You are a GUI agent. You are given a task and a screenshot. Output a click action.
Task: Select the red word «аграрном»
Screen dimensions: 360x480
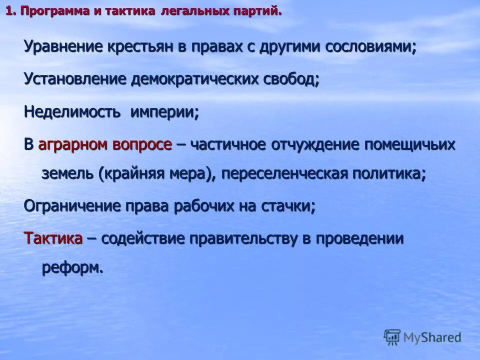pos(72,145)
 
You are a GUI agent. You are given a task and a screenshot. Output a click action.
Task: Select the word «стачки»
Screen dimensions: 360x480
pos(287,206)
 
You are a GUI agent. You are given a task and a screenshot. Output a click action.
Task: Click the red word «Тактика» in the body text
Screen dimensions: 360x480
pos(53,238)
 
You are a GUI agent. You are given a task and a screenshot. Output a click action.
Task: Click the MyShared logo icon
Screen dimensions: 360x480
pos(392,336)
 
